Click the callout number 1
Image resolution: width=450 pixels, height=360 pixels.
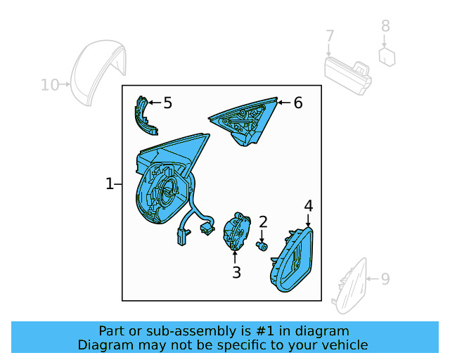(x=110, y=184)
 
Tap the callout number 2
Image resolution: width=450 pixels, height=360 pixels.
(x=263, y=222)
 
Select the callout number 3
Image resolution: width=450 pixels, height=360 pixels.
(x=236, y=272)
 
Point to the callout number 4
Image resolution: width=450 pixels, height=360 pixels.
(x=308, y=206)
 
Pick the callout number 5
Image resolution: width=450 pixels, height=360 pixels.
(x=167, y=103)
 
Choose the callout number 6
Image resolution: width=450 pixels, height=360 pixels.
(x=298, y=103)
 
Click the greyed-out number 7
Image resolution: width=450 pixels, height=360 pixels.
(x=330, y=36)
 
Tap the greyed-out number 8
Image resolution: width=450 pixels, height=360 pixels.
(x=385, y=25)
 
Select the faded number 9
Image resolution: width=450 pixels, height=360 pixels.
(x=385, y=278)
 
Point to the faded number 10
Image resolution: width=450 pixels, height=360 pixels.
(x=50, y=85)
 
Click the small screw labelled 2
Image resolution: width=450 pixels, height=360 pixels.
(x=262, y=246)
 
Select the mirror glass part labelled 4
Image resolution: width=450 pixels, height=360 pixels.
(x=292, y=259)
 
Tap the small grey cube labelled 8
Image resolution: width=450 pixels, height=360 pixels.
(x=387, y=56)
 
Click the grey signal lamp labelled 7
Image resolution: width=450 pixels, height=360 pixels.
(x=348, y=75)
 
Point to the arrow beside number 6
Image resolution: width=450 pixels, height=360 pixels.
(x=284, y=103)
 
